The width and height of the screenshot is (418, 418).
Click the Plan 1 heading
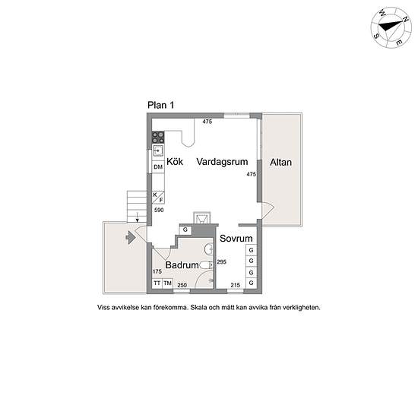[161, 105]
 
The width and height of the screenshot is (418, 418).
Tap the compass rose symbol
[391, 28]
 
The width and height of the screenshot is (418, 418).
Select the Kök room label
[175, 162]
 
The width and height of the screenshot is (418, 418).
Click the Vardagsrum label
[222, 162]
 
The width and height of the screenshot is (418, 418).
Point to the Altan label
[280, 163]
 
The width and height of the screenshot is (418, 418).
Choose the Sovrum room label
[236, 239]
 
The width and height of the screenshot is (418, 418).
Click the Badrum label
[182, 265]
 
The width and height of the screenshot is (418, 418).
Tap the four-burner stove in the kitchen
[158, 138]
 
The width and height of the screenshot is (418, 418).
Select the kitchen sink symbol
[158, 151]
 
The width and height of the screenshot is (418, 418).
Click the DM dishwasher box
[158, 167]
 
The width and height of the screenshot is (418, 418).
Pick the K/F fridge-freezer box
[158, 198]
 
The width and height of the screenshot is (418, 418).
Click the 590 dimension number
[159, 210]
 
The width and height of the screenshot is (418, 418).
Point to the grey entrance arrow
[131, 237]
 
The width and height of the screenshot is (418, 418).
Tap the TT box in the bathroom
[157, 283]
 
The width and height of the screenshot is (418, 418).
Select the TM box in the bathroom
[168, 283]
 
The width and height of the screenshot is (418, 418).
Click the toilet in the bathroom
[207, 265]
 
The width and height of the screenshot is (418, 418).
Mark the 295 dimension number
[221, 261]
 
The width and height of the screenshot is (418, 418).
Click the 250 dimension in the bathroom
[182, 285]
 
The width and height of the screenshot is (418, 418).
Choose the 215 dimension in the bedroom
[236, 285]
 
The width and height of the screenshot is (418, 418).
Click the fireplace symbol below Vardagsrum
[202, 218]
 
